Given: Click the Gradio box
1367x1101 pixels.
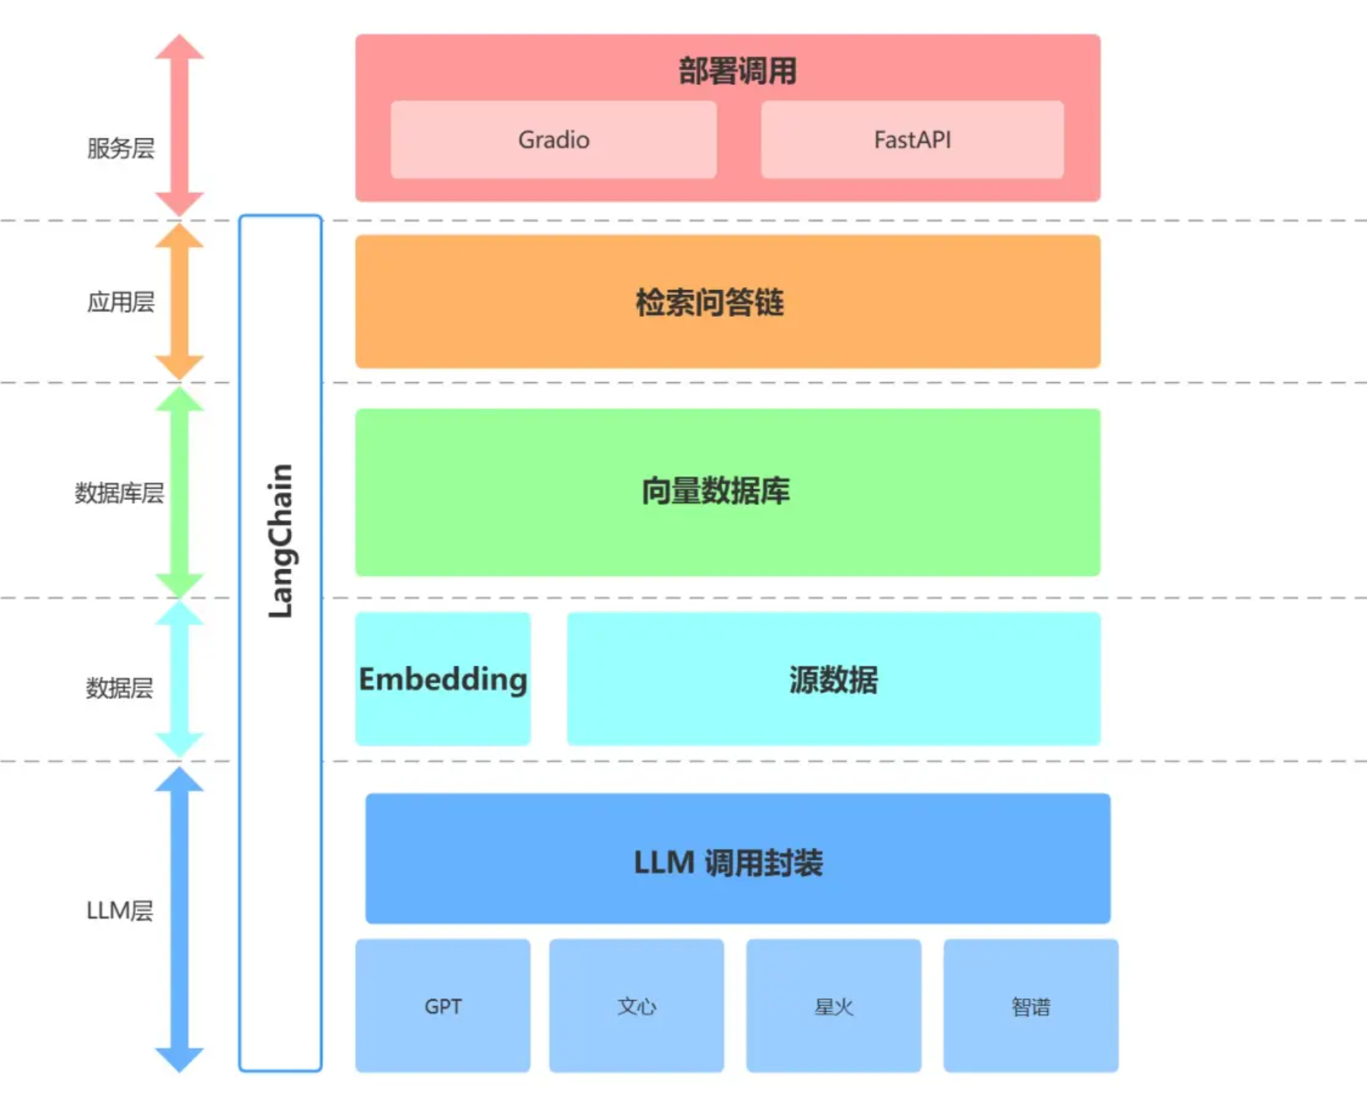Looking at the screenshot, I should click(553, 140).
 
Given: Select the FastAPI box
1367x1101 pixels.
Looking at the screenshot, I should click(912, 140).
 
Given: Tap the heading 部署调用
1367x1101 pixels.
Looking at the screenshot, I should click(737, 71).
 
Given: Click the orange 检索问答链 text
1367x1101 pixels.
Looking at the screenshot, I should click(710, 302).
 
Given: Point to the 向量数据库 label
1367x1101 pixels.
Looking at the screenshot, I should click(715, 491).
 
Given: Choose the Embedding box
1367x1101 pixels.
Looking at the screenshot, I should click(443, 679).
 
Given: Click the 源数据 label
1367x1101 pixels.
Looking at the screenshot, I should click(833, 679).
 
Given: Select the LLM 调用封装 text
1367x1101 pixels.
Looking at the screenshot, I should click(728, 862).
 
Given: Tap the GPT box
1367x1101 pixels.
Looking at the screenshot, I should click(443, 1006).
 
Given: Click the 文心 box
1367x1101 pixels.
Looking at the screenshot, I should click(637, 1006).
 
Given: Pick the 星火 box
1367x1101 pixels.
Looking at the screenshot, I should click(834, 1006).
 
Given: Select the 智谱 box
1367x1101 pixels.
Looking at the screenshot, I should click(1030, 1006).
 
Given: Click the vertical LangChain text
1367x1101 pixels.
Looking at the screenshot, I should click(280, 540).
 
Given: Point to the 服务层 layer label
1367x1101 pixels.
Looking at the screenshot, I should click(120, 148).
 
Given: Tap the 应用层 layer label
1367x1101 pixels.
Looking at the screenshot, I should click(120, 302).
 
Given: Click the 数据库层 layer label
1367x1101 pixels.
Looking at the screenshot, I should click(119, 493).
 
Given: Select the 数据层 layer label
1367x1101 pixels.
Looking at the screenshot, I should click(119, 688).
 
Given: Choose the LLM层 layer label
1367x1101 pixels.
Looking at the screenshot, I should click(119, 910).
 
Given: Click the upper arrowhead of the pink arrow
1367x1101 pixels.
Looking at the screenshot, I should click(179, 47).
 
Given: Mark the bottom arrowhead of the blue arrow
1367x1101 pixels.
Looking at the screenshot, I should click(179, 1058).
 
